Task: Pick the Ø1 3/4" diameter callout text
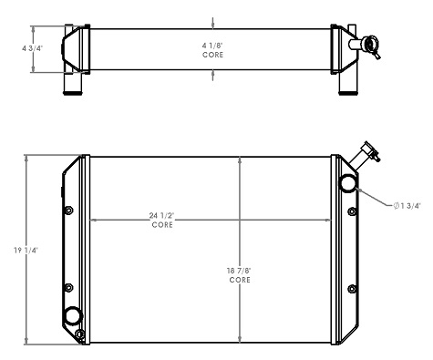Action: click(407, 206)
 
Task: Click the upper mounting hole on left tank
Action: click(69, 211)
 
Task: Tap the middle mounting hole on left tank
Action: click(69, 287)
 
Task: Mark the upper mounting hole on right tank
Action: click(351, 211)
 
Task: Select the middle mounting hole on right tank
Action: click(351, 287)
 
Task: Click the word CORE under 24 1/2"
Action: click(161, 224)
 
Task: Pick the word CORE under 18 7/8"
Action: click(240, 280)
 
